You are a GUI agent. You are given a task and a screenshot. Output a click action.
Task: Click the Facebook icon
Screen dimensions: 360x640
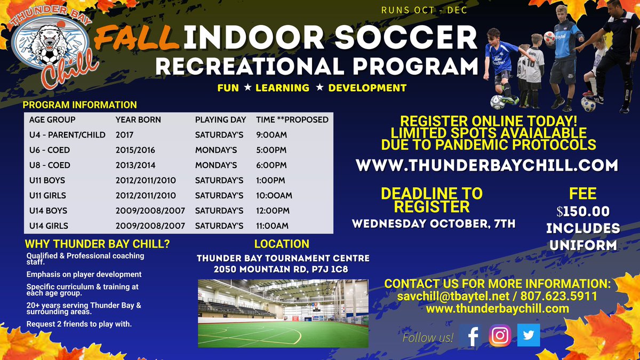click(x=470, y=336)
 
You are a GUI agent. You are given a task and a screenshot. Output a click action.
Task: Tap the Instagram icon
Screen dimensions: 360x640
click(x=500, y=336)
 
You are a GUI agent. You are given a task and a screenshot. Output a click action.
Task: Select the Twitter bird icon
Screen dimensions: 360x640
click(x=529, y=335)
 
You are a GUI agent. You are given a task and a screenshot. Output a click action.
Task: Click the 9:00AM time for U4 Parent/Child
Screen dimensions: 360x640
click(x=272, y=135)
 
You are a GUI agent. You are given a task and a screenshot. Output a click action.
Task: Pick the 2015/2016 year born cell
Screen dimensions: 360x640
click(x=135, y=150)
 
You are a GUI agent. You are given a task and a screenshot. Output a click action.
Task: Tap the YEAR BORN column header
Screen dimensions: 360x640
click(x=138, y=119)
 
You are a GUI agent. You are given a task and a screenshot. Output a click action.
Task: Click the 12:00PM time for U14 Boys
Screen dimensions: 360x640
click(x=273, y=211)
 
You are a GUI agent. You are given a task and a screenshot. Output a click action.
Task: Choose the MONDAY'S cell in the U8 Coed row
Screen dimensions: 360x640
click(x=216, y=165)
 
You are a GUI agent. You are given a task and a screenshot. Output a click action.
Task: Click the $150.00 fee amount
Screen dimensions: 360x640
click(x=582, y=211)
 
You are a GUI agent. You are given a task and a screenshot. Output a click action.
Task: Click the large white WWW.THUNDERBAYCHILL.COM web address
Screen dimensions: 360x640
click(x=486, y=165)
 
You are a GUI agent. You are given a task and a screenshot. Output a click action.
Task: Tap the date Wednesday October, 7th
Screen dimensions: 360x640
click(x=433, y=223)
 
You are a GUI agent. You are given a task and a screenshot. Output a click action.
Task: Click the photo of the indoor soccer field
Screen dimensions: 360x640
click(x=283, y=313)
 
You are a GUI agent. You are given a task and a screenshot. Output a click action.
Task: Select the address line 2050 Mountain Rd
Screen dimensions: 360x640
click(x=281, y=269)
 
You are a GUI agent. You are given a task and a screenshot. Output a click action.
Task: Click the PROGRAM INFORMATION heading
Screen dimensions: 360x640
click(x=80, y=105)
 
